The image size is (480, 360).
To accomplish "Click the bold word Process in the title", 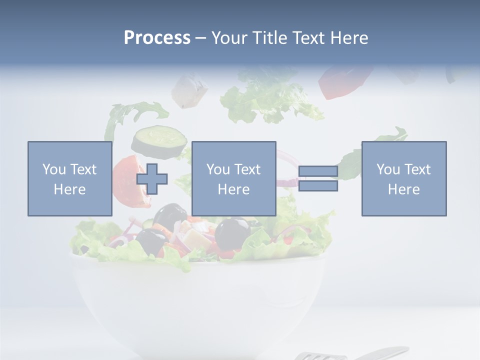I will [x=157, y=38].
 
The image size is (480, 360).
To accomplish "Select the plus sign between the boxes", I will [x=152, y=179].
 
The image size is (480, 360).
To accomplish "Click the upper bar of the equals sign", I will [x=318, y=171].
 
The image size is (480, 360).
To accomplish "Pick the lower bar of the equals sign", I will [x=318, y=186].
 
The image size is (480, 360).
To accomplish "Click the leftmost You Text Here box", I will [x=69, y=178].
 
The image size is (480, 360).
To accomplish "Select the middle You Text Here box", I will [x=233, y=178].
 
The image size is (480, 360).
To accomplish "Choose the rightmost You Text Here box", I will [x=403, y=178].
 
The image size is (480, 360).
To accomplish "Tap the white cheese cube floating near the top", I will [x=190, y=90].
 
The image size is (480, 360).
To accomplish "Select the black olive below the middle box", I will [x=232, y=232].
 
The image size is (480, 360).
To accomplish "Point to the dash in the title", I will [x=200, y=38].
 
